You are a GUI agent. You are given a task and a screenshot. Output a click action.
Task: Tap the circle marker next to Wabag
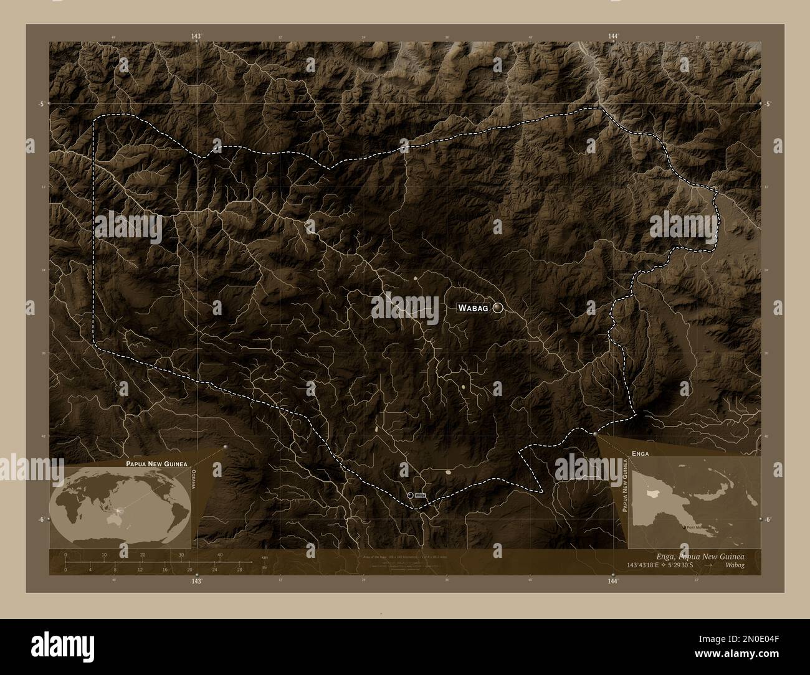click(498, 307)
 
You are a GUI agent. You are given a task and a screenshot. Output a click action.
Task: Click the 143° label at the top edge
click(197, 37)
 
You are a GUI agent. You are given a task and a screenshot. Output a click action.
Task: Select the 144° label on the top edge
click(613, 37)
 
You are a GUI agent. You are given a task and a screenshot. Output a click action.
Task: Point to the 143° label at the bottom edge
click(197, 581)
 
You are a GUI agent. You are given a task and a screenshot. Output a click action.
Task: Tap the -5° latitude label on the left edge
click(42, 104)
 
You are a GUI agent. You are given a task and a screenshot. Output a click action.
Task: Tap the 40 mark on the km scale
click(220, 555)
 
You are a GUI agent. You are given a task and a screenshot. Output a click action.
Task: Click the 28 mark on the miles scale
click(239, 569)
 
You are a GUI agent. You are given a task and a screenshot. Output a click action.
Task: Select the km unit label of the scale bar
click(264, 557)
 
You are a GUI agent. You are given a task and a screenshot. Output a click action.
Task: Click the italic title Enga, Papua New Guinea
click(700, 555)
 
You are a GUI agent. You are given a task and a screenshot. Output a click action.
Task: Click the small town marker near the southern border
click(410, 494)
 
